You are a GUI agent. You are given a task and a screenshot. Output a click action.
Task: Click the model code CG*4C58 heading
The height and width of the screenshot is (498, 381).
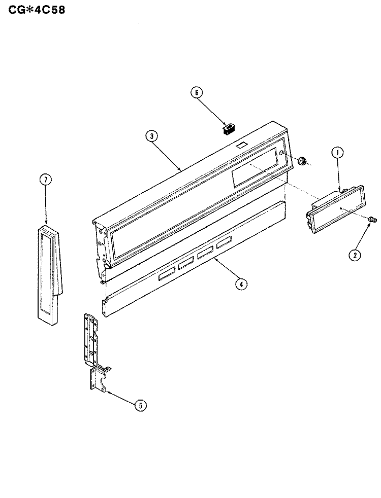tap(37, 10)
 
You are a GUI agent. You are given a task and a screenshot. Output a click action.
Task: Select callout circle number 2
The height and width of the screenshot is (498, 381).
tap(355, 255)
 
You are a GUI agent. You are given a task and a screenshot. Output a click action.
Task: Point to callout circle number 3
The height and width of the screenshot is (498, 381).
tap(152, 136)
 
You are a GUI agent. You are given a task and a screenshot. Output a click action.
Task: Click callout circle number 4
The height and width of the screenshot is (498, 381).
tap(241, 284)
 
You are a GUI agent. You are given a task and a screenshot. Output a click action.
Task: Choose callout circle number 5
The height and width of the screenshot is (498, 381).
tap(141, 405)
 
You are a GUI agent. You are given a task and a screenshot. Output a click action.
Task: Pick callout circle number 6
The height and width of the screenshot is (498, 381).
tap(197, 92)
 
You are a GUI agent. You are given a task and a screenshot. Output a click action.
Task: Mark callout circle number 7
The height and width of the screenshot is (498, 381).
tap(46, 180)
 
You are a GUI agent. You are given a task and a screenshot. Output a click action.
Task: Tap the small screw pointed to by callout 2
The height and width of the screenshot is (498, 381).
tap(372, 219)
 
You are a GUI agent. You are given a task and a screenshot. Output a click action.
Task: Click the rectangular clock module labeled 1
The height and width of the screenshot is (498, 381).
tap(335, 209)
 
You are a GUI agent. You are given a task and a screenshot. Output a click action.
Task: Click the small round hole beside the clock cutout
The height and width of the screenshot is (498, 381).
tap(281, 153)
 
